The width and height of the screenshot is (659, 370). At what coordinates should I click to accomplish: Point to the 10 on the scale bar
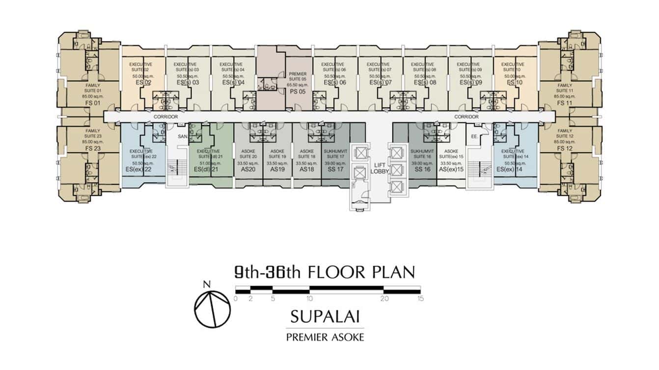point(309,298)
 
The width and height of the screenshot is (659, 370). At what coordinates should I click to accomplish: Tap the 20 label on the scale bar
point(385,298)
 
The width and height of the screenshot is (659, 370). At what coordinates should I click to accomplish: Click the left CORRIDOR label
point(165,117)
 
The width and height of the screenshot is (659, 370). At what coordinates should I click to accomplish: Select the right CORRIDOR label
point(466,117)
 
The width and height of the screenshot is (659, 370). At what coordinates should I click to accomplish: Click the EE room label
point(473,136)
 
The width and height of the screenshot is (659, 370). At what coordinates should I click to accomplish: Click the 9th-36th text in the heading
point(268,272)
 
